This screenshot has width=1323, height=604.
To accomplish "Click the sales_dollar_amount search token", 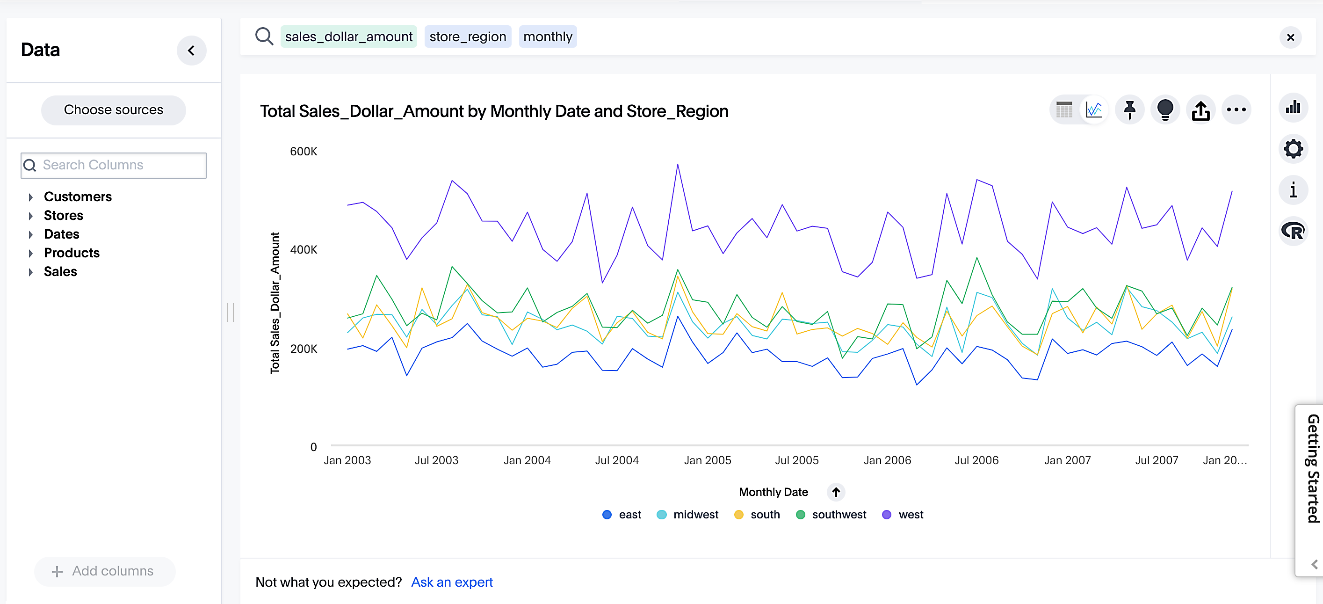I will click(x=348, y=36).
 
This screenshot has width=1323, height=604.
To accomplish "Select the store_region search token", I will click(x=467, y=36).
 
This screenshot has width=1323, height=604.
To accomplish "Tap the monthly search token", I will click(x=548, y=36).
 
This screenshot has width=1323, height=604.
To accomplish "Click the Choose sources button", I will click(x=113, y=109).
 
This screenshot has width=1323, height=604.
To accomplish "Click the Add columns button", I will click(x=104, y=571).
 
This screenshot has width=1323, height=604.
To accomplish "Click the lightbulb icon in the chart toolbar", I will click(x=1165, y=109).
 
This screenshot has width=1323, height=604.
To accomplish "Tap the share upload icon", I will click(x=1200, y=109).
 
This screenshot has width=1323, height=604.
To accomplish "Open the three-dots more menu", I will click(x=1236, y=109).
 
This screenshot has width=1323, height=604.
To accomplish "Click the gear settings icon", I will click(x=1293, y=149).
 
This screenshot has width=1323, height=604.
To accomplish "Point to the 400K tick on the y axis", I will click(x=304, y=250).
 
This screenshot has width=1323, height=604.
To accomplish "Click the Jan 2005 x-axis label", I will click(x=707, y=460).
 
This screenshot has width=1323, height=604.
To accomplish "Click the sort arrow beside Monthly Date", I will click(x=836, y=492).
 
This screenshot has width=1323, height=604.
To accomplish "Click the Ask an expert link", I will click(x=451, y=582).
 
